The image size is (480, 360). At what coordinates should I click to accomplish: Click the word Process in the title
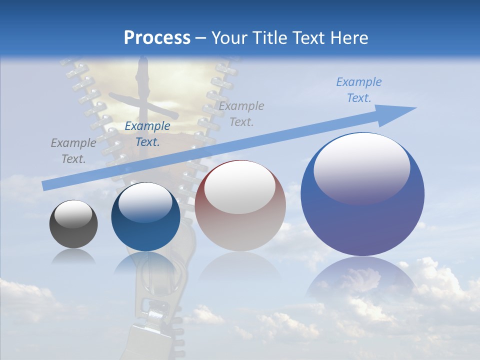click(x=157, y=37)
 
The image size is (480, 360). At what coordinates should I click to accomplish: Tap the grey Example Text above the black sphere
click(x=73, y=150)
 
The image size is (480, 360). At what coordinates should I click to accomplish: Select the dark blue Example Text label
click(x=147, y=133)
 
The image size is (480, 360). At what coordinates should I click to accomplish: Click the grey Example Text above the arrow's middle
click(x=241, y=113)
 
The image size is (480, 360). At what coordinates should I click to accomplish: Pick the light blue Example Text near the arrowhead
click(x=358, y=89)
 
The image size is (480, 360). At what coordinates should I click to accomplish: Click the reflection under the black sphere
click(x=73, y=256)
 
